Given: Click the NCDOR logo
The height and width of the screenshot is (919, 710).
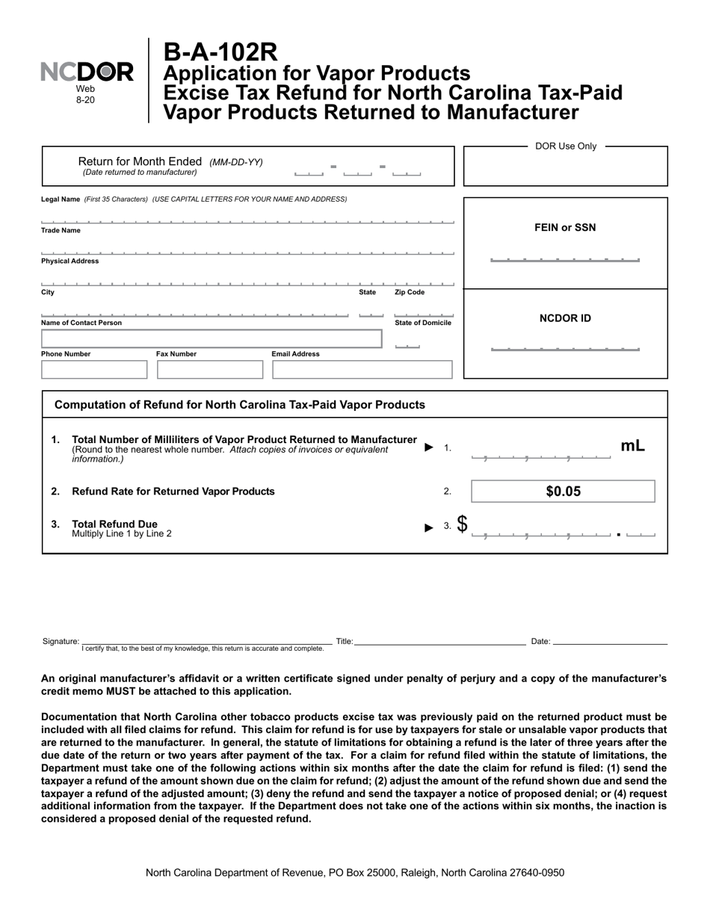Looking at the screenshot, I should click(87, 72).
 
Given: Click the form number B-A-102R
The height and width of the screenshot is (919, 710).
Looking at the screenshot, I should click(220, 52).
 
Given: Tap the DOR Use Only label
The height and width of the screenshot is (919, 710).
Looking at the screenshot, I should click(566, 146).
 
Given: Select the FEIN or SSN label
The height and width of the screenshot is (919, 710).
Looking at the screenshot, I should click(565, 228).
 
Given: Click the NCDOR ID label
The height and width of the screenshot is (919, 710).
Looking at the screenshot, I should click(565, 318).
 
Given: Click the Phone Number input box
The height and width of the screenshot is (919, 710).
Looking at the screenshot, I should click(94, 370).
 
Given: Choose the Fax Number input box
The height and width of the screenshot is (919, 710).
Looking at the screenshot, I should click(210, 370).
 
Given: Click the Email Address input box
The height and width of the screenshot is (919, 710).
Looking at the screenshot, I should click(362, 370).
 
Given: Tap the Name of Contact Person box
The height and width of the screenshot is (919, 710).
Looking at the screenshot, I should click(211, 338).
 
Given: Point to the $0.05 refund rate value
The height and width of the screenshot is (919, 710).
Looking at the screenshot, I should click(564, 492).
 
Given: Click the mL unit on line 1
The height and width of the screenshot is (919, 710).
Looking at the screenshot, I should click(632, 446).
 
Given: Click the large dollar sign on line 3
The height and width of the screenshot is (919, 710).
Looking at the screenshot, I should click(463, 525).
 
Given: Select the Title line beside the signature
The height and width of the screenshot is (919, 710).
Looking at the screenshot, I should click(440, 640).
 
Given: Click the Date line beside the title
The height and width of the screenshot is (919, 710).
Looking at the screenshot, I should click(610, 640).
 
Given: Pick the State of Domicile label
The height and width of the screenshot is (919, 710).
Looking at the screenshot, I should click(423, 323).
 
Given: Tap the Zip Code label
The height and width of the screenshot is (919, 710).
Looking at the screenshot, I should click(410, 292).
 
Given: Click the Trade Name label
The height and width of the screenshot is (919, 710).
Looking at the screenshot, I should click(61, 230).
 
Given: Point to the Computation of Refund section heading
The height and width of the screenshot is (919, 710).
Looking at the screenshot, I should click(240, 405).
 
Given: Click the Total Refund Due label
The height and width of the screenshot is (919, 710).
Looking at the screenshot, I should click(114, 524).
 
